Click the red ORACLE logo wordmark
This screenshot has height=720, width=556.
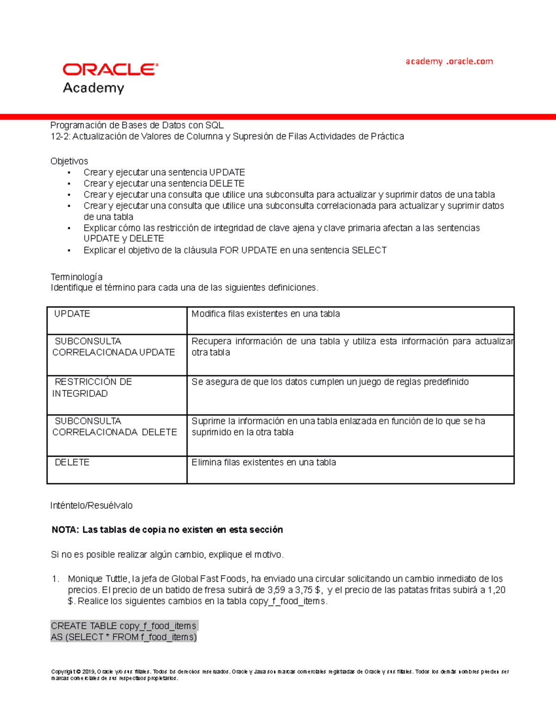click(x=110, y=70)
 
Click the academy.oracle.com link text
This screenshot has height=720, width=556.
click(x=449, y=61)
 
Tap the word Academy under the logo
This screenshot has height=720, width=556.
click(x=94, y=88)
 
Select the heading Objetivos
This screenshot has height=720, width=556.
click(x=69, y=161)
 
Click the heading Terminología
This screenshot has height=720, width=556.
click(x=76, y=277)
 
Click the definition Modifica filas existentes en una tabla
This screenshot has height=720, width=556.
click(x=265, y=314)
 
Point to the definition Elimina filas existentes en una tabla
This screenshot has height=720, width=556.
click(x=264, y=462)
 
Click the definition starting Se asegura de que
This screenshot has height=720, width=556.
click(x=330, y=382)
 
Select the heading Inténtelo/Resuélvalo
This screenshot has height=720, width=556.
click(x=91, y=505)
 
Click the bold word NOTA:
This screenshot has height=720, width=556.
click(x=65, y=530)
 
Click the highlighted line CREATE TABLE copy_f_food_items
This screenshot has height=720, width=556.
click(x=123, y=626)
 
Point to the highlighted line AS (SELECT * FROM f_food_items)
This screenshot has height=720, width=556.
click(x=123, y=637)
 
